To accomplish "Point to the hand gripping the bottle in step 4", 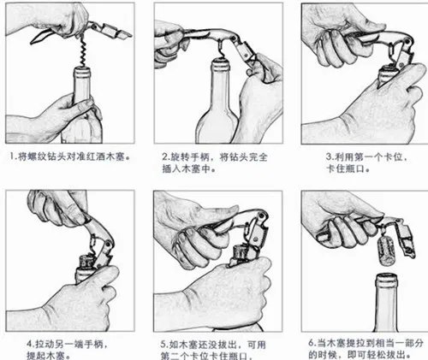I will [x=86, y=295].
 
